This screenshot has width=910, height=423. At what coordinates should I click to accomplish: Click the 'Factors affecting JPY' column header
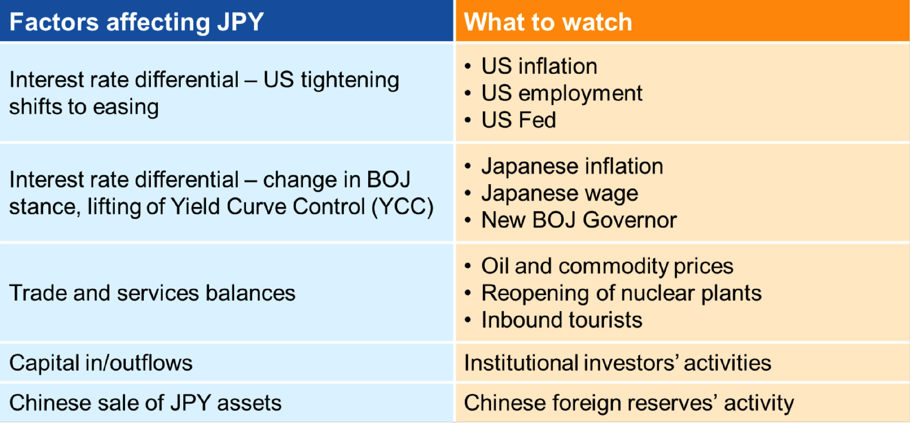pyautogui.click(x=136, y=22)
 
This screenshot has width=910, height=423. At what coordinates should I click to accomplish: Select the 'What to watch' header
pyautogui.click(x=548, y=22)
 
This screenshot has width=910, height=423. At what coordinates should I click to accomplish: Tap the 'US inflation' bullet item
pyautogui.click(x=539, y=66)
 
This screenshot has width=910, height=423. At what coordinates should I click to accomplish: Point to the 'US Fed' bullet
pyautogui.click(x=519, y=120)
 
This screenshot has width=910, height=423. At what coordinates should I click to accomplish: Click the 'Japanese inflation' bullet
pyautogui.click(x=572, y=166)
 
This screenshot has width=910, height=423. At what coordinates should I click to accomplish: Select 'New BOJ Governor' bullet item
pyautogui.click(x=579, y=220)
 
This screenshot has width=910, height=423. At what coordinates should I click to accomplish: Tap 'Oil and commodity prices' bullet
pyautogui.click(x=607, y=267)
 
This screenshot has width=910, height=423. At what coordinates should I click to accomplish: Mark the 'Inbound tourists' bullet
pyautogui.click(x=562, y=320)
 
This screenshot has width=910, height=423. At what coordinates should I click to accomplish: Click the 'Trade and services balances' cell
pyautogui.click(x=152, y=294)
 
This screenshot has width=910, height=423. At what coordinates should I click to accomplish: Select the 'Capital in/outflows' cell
pyautogui.click(x=101, y=363)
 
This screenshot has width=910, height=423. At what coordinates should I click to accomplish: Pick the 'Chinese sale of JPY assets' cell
pyautogui.click(x=145, y=403)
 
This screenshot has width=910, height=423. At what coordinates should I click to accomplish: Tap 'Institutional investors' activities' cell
pyautogui.click(x=617, y=363)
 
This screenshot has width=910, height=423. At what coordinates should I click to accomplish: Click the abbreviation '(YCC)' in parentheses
pyautogui.click(x=402, y=207)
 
